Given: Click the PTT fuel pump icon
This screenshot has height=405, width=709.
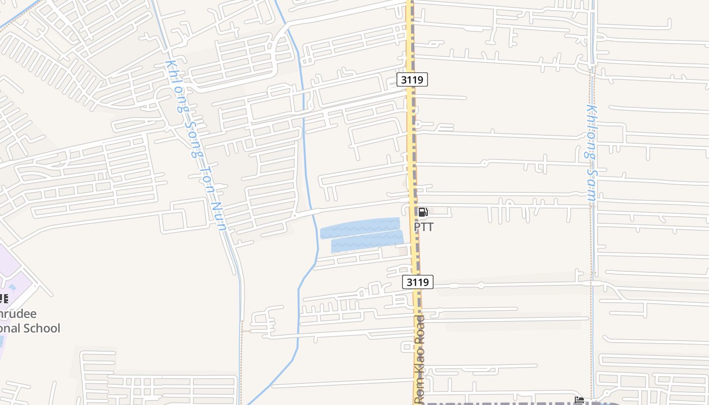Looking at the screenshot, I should click(x=423, y=212).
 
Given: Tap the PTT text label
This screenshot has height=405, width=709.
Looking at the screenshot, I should click(x=424, y=227).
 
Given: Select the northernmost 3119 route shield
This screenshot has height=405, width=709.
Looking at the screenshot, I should click(x=412, y=79).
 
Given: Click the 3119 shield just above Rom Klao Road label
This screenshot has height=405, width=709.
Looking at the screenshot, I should click(x=418, y=282).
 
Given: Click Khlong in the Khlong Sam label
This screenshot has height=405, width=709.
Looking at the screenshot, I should click(x=591, y=132).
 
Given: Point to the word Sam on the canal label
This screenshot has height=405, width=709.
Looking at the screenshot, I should click(x=592, y=185).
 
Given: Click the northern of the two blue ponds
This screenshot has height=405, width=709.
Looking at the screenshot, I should click(x=360, y=227).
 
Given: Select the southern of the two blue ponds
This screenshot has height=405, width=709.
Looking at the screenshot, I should click(x=367, y=241).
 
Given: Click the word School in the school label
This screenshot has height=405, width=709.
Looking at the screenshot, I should click(x=41, y=328).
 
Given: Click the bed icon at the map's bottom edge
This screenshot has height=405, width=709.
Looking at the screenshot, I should click(x=579, y=400).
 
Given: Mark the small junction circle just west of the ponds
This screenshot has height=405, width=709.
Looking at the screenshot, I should click(x=294, y=216).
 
